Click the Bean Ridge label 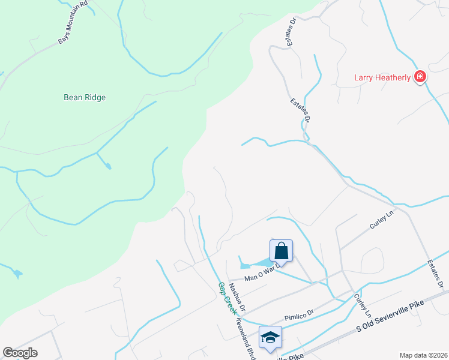coord(88,97)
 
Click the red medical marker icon coord(420,77)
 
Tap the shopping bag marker coord(281,250)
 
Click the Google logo coord(20,353)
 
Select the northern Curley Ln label coord(381,224)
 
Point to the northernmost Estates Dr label coord(292,32)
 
